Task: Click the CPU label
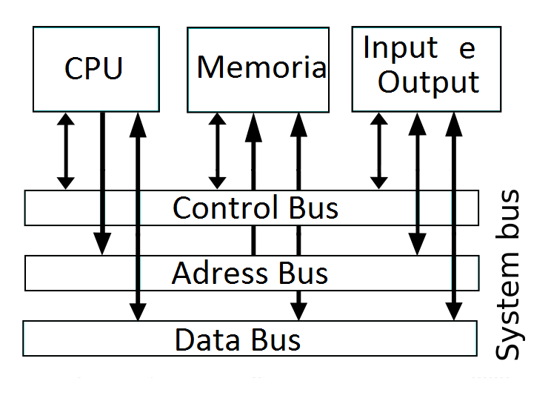click(x=93, y=68)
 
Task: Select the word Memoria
click(x=261, y=67)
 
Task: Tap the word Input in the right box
click(x=400, y=48)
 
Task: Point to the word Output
click(x=429, y=82)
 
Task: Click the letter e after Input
click(x=467, y=49)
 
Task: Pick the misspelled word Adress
click(x=216, y=274)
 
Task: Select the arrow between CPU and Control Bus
click(x=66, y=150)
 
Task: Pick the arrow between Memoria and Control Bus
click(x=218, y=150)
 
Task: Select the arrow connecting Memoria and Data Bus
click(x=298, y=215)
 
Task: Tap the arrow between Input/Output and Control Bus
click(x=379, y=150)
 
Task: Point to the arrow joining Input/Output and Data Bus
click(x=454, y=215)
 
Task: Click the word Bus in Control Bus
click(x=310, y=208)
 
